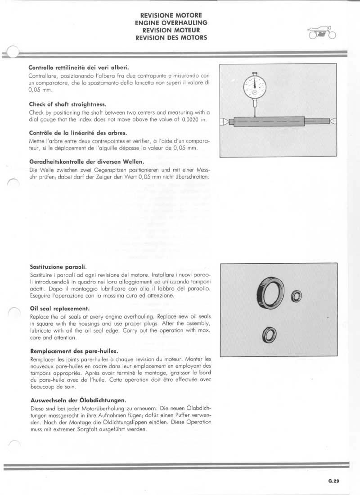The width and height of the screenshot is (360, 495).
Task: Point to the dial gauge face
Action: coord(254,85)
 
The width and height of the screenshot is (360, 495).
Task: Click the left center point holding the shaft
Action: coord(225,121)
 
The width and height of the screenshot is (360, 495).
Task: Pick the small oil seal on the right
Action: coord(296,296)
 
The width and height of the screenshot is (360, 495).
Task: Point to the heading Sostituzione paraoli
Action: coord(58,266)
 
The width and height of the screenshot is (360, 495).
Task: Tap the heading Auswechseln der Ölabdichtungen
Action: coord(77,400)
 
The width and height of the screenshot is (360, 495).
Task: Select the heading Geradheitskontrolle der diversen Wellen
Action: coord(86,162)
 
